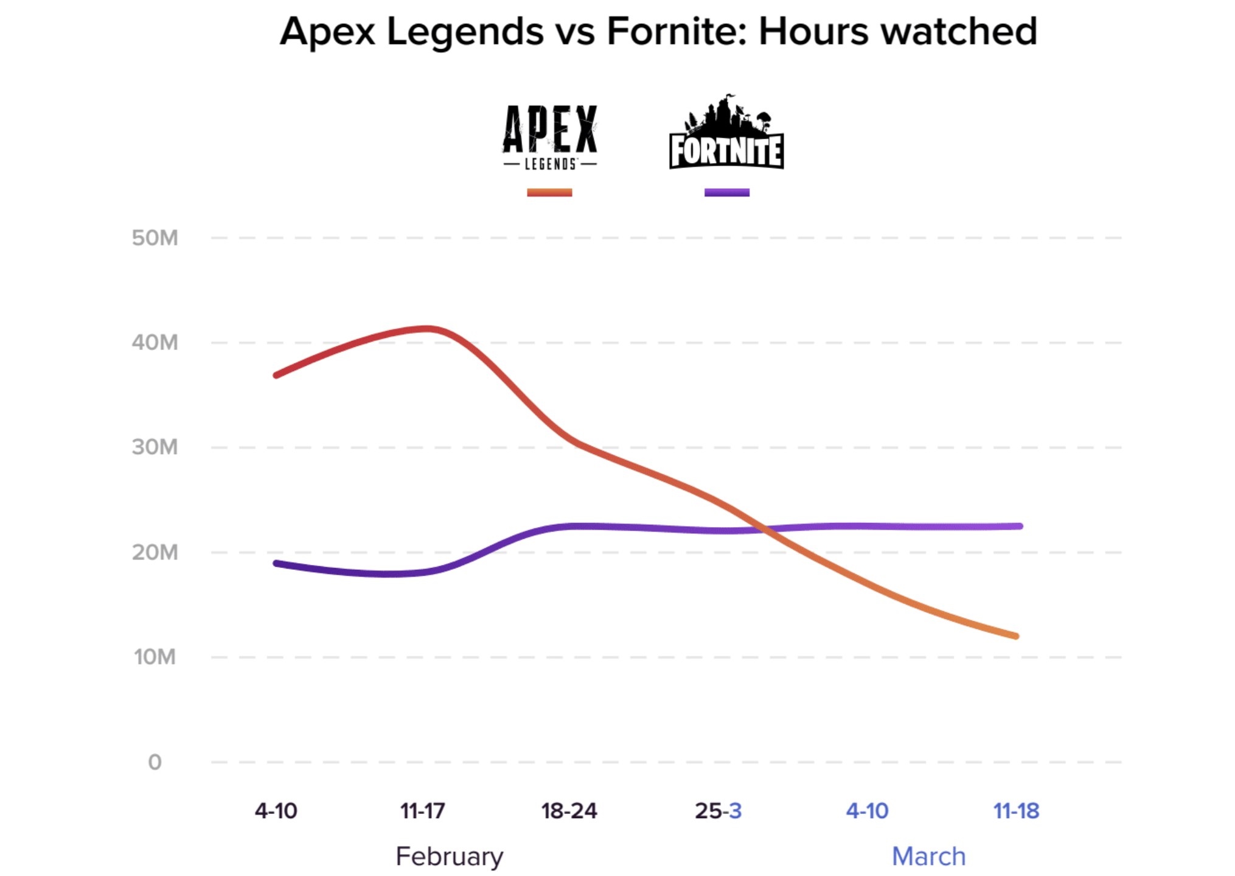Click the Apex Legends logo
(x=549, y=137)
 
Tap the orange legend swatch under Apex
(x=549, y=192)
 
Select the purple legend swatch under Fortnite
(x=726, y=192)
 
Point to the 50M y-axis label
(x=155, y=237)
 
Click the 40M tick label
(x=155, y=342)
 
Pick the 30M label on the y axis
(x=155, y=447)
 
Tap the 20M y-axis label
(x=155, y=552)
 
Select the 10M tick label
(x=155, y=657)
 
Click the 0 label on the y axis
(x=155, y=762)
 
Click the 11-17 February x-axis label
(x=423, y=811)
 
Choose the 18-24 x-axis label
(x=569, y=811)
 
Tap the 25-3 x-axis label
(x=718, y=811)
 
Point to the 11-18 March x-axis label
(x=1016, y=811)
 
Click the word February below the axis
(x=450, y=857)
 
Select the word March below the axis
(x=928, y=857)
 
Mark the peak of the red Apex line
(x=429, y=329)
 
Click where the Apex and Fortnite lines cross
(x=764, y=530)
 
